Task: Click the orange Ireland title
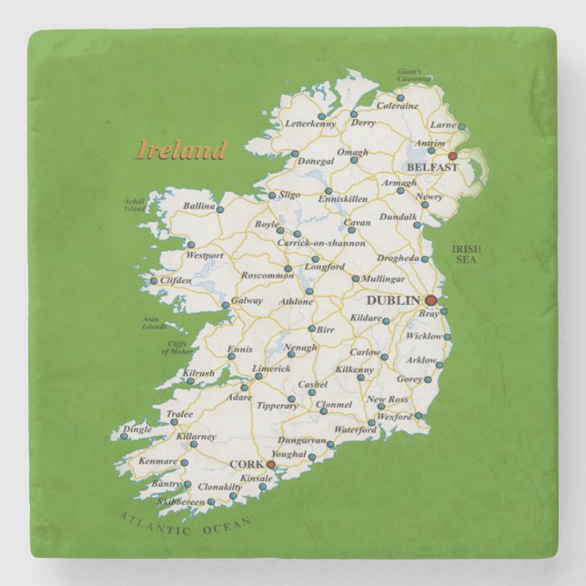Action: [180, 148]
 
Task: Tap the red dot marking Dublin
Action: [431, 300]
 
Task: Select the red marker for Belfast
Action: [452, 156]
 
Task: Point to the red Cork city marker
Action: [270, 464]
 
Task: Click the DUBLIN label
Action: [392, 299]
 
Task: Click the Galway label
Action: [247, 300]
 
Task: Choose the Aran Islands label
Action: [154, 322]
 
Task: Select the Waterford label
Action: [354, 429]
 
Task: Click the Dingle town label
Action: [137, 429]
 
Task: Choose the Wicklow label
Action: [423, 336]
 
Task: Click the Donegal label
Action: [316, 161]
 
